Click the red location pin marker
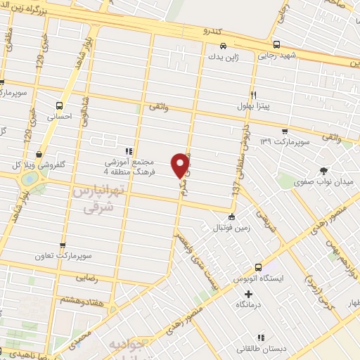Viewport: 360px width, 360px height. [x=181, y=164]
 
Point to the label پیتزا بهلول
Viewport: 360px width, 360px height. [x=252, y=105]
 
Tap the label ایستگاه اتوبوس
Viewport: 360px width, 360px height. [x=259, y=278]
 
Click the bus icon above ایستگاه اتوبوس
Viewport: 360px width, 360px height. [x=259, y=267]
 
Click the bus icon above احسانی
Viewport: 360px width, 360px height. [x=59, y=108]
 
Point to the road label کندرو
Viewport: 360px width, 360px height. [x=212, y=32]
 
